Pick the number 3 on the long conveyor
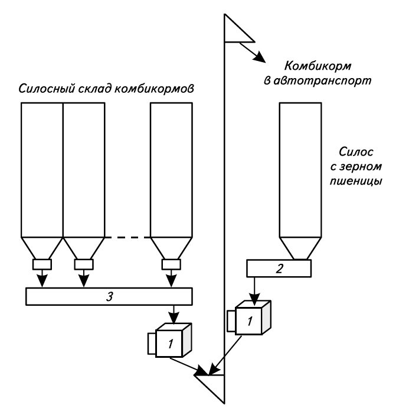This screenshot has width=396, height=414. coord(109,296)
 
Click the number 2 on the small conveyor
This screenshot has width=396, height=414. coord(279,269)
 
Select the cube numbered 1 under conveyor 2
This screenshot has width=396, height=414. coord(250,320)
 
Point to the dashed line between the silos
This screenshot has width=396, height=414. coord(127,237)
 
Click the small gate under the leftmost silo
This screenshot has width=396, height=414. coord(42,264)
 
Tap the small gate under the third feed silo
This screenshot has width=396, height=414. coord(172,264)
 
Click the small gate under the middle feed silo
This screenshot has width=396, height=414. coord(84,264)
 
